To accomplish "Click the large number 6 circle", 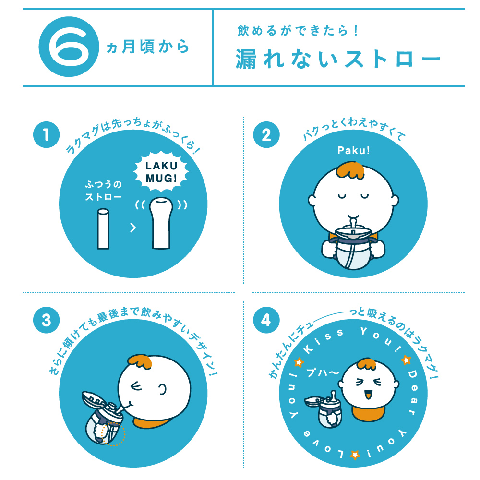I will [68, 47].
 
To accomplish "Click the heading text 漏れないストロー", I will [337, 60].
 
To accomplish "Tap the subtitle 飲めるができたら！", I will [298, 31].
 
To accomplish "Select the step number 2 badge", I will [266, 135].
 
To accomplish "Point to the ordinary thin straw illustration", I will [102, 228].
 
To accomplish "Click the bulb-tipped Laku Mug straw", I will [160, 223].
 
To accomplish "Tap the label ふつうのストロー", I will [103, 191].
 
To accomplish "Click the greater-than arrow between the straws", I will [133, 228].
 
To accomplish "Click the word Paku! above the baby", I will [353, 151].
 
